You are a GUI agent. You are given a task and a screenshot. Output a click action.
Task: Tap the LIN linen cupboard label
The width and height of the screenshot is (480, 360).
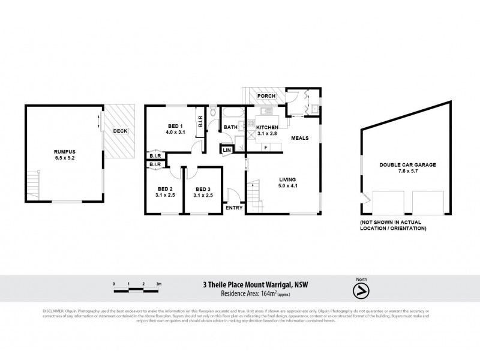click(227, 150)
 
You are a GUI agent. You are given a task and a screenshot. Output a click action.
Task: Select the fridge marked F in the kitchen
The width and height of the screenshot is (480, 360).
click(265, 147)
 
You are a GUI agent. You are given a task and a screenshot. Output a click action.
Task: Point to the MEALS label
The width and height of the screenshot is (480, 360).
click(299, 138)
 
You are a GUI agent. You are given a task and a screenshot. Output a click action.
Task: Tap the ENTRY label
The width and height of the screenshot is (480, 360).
click(234, 208)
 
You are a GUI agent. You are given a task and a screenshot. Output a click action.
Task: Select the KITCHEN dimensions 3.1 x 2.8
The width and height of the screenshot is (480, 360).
click(267, 134)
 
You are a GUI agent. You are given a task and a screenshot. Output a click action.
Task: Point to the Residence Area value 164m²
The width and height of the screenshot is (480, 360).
click(269, 293)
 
